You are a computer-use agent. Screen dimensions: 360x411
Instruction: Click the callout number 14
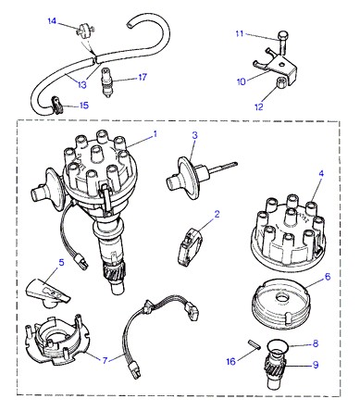52,21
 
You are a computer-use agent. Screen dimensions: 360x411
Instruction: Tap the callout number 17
143,77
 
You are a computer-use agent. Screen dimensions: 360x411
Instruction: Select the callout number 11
240,33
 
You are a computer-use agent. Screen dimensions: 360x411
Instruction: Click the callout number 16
231,361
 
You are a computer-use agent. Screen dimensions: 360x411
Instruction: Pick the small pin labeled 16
254,344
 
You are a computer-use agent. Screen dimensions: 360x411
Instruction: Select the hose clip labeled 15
56,104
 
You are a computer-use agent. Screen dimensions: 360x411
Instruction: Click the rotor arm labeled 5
48,293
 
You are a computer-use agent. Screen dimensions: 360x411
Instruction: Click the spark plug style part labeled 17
106,83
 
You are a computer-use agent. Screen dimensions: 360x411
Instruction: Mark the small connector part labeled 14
85,30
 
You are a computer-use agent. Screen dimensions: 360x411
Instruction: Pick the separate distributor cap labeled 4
287,232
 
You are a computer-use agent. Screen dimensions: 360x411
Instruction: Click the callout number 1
155,134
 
